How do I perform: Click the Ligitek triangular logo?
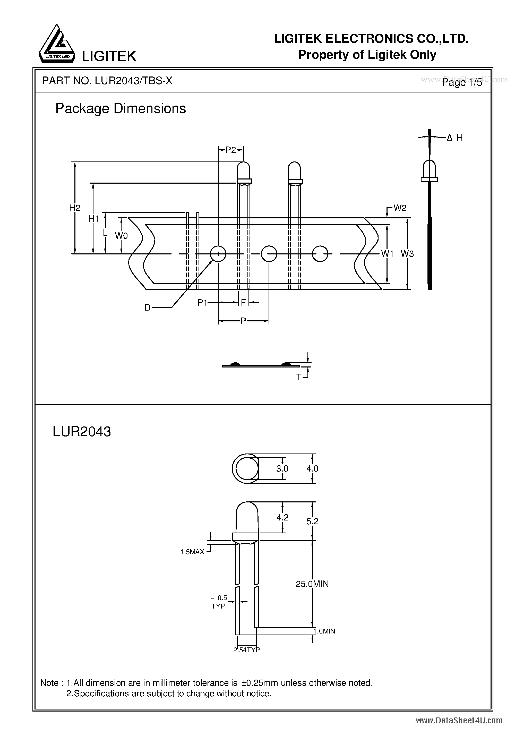(x=56, y=44)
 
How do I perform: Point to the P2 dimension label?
(x=230, y=150)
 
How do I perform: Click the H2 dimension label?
(x=74, y=208)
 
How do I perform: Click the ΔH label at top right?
(x=455, y=138)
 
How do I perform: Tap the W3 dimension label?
(x=407, y=253)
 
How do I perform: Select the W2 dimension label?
(x=400, y=208)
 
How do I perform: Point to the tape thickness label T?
(x=298, y=378)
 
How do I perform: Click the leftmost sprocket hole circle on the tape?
(x=218, y=253)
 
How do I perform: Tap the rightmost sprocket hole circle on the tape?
(x=320, y=253)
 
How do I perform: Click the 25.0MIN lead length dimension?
(x=312, y=584)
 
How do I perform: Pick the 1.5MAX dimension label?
(x=192, y=552)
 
